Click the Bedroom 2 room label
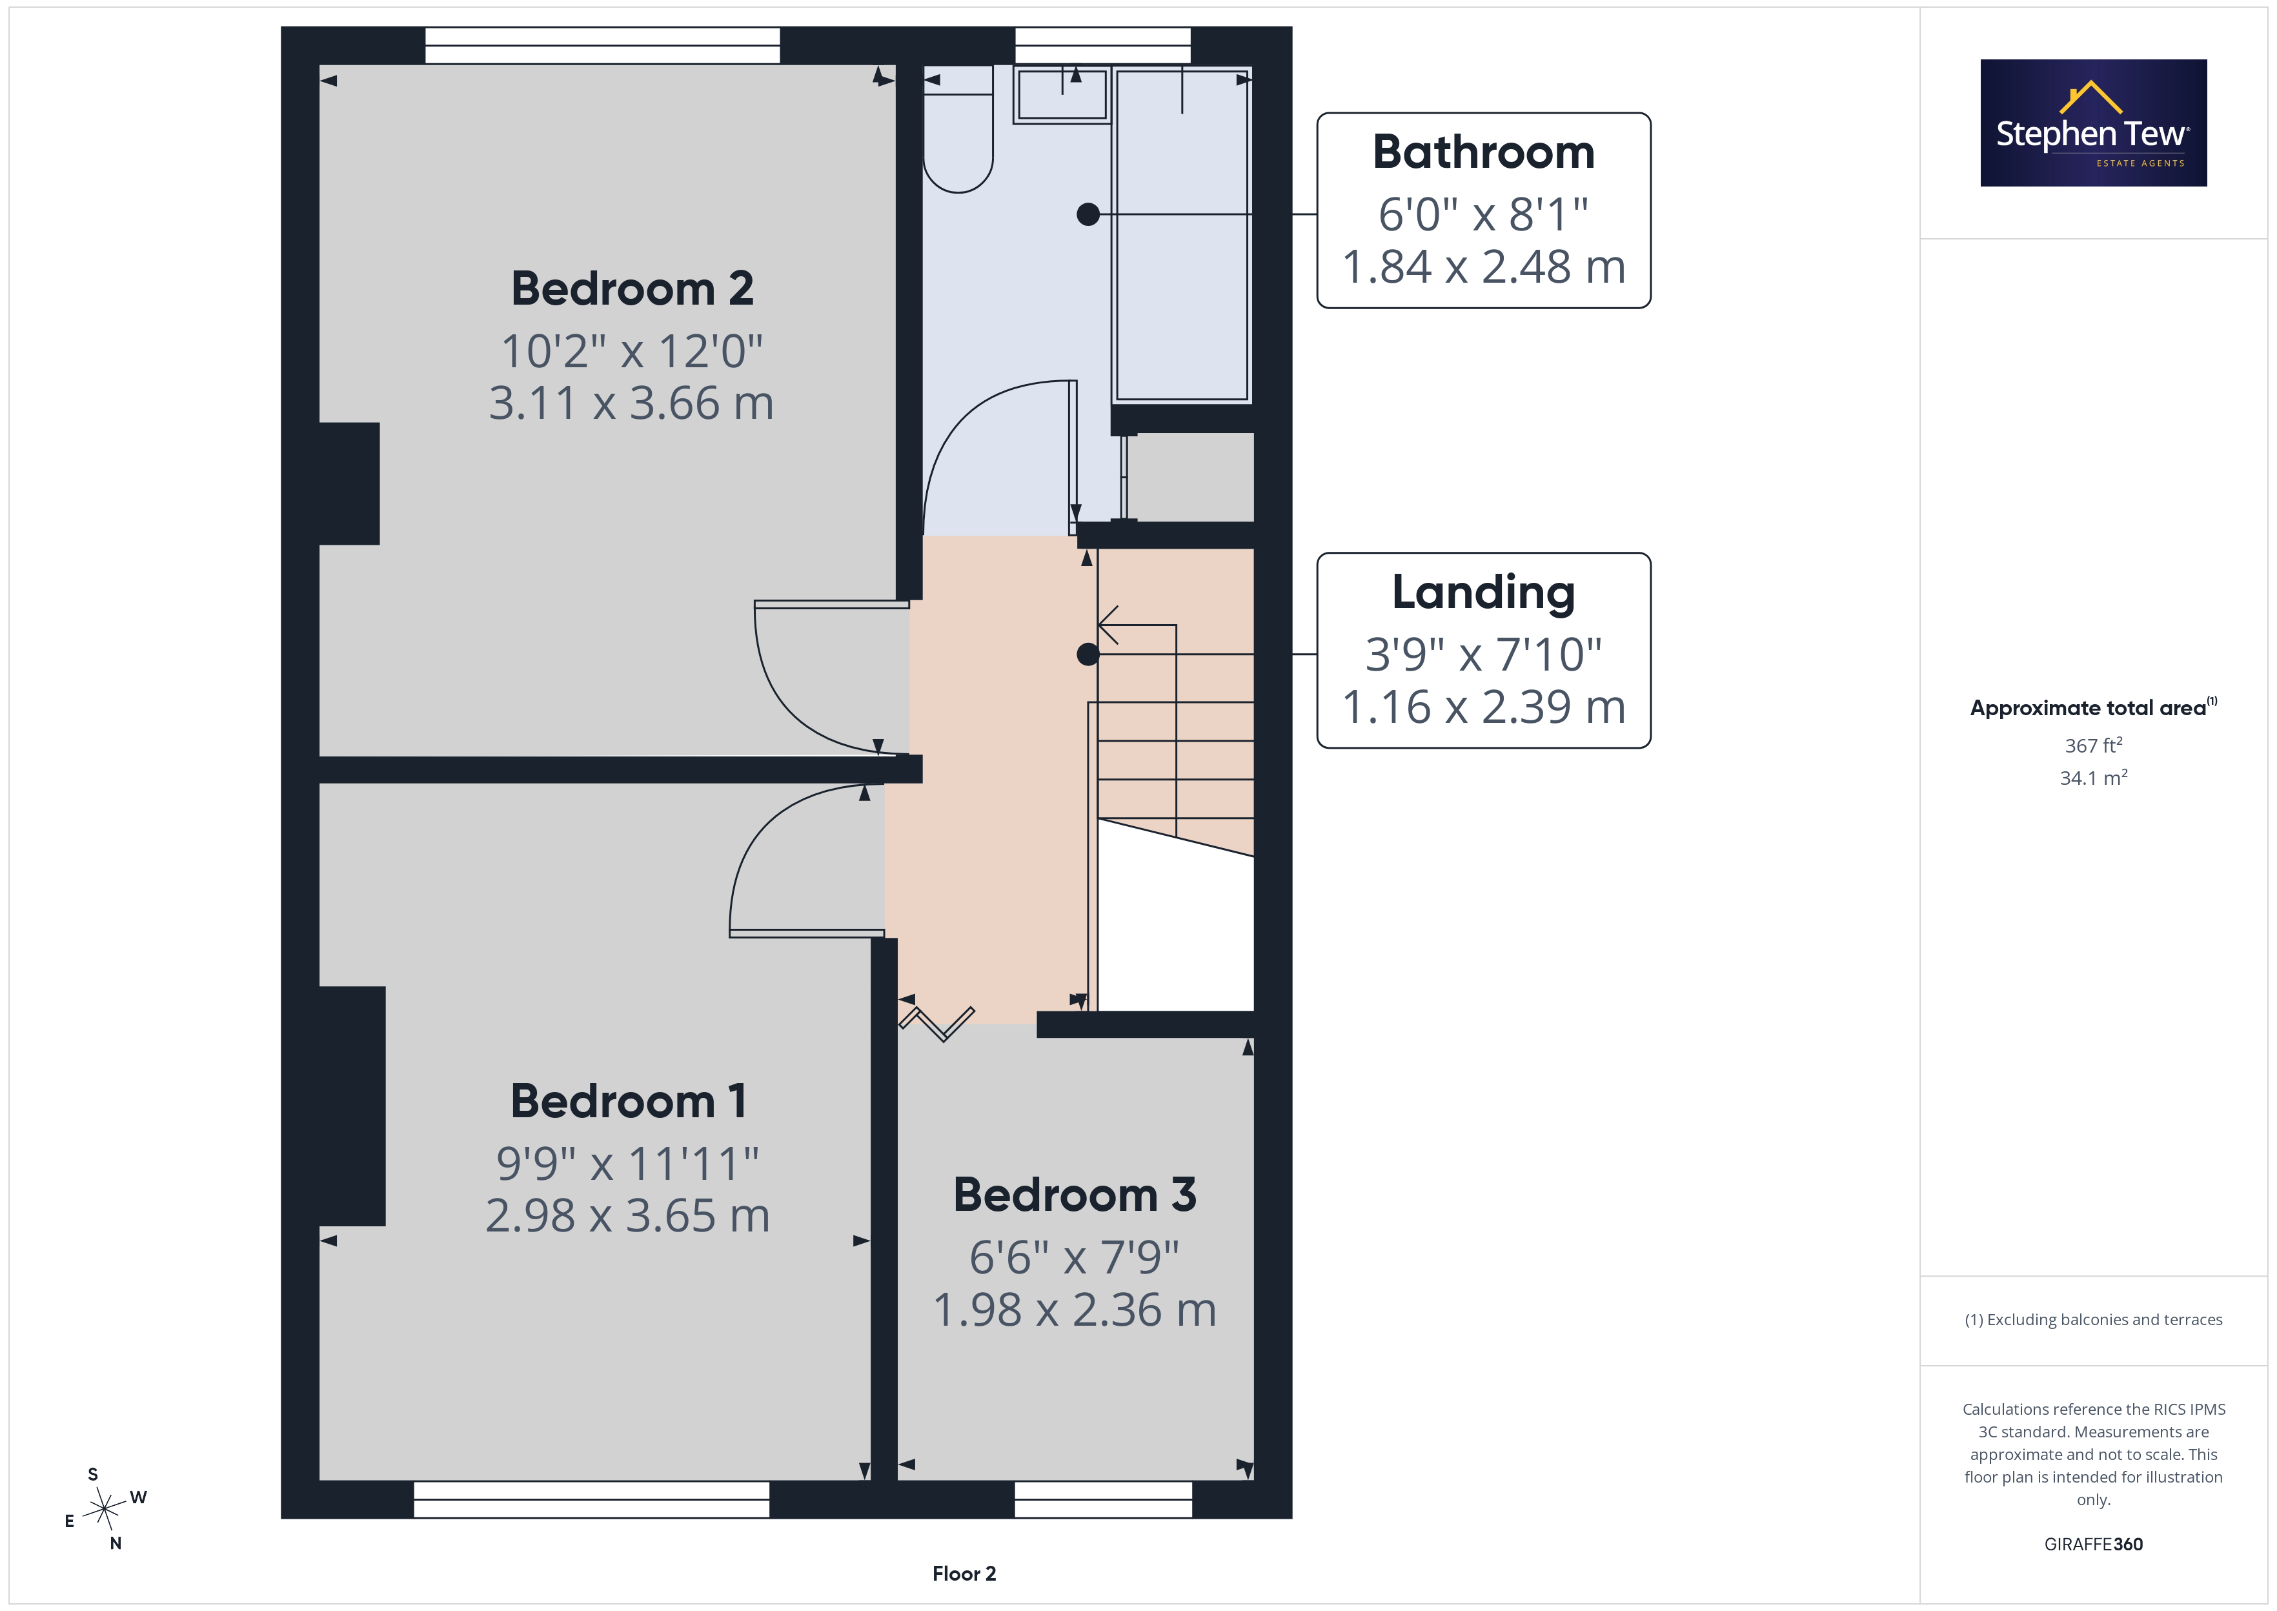[632, 289]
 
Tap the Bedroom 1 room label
[628, 1101]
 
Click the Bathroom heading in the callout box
[1484, 152]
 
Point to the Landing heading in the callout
[1484, 593]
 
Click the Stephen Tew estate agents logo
[2094, 123]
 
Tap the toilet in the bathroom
[958, 130]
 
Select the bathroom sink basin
[1061, 96]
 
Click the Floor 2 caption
[964, 1574]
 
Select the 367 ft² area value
[2094, 745]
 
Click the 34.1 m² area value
[2094, 778]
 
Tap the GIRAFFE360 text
[2094, 1545]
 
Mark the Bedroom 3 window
[1103, 1500]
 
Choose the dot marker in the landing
[1088, 654]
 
